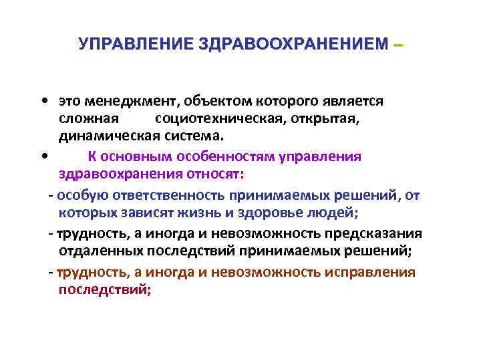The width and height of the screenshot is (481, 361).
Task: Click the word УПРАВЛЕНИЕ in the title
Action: pos(135,44)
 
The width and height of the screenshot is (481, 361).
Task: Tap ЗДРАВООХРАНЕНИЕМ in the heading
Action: pos(293,44)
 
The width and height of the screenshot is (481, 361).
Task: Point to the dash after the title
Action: pos(399,45)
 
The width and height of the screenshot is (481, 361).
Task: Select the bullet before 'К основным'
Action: pos(43,157)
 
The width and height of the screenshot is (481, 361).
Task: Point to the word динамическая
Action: pos(108,137)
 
